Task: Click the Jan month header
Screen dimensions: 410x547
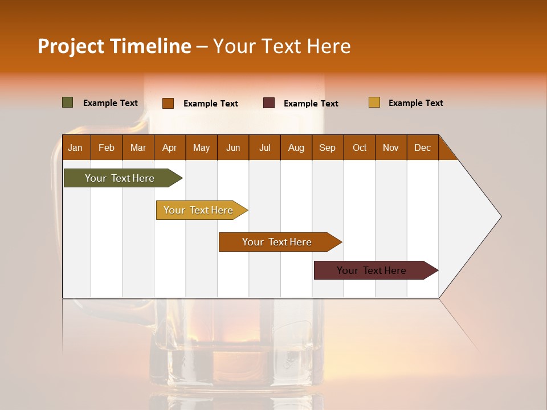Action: pyautogui.click(x=75, y=147)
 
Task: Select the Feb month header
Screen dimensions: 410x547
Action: pyautogui.click(x=107, y=147)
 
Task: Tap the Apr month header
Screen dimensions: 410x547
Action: pyautogui.click(x=169, y=147)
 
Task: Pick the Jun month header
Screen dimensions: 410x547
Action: pyautogui.click(x=233, y=147)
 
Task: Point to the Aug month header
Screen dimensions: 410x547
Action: pyautogui.click(x=296, y=147)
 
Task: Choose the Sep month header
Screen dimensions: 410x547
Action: pyautogui.click(x=327, y=147)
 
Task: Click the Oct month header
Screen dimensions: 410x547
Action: pyautogui.click(x=360, y=147)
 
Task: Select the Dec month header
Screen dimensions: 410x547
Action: pyautogui.click(x=422, y=147)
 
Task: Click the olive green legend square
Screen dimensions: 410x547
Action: pyautogui.click(x=68, y=102)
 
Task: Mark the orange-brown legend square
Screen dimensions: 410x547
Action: pyautogui.click(x=168, y=103)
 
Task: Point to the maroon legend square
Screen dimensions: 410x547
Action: pyautogui.click(x=269, y=103)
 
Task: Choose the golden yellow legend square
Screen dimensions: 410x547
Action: pyautogui.click(x=374, y=102)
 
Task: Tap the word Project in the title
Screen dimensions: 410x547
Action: pyautogui.click(x=71, y=46)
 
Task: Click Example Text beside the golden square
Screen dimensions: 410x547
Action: pyautogui.click(x=415, y=103)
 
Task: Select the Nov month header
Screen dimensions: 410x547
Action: pyautogui.click(x=391, y=147)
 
